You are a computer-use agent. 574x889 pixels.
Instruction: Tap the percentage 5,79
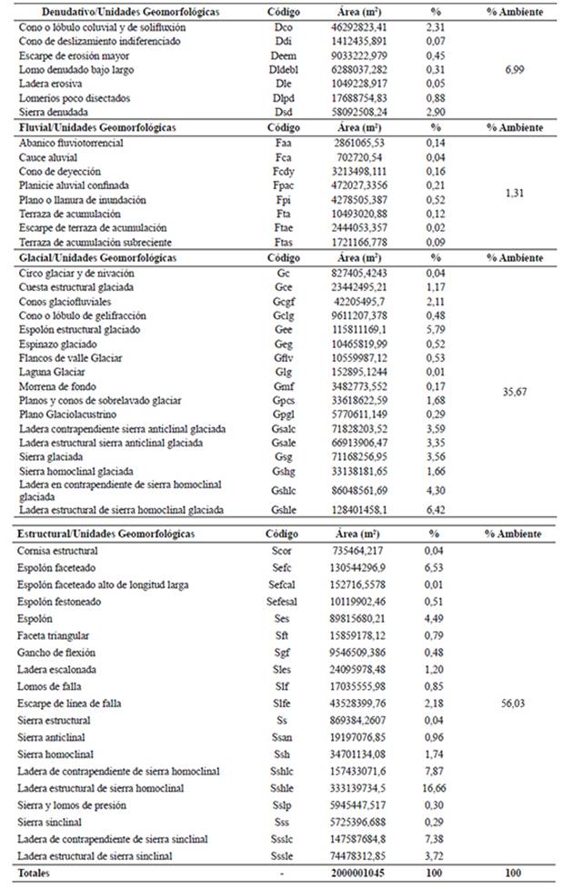pos(434,330)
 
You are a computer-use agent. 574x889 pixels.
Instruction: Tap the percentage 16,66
pos(434,787)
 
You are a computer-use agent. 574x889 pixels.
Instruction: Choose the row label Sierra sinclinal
pos(52,821)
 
